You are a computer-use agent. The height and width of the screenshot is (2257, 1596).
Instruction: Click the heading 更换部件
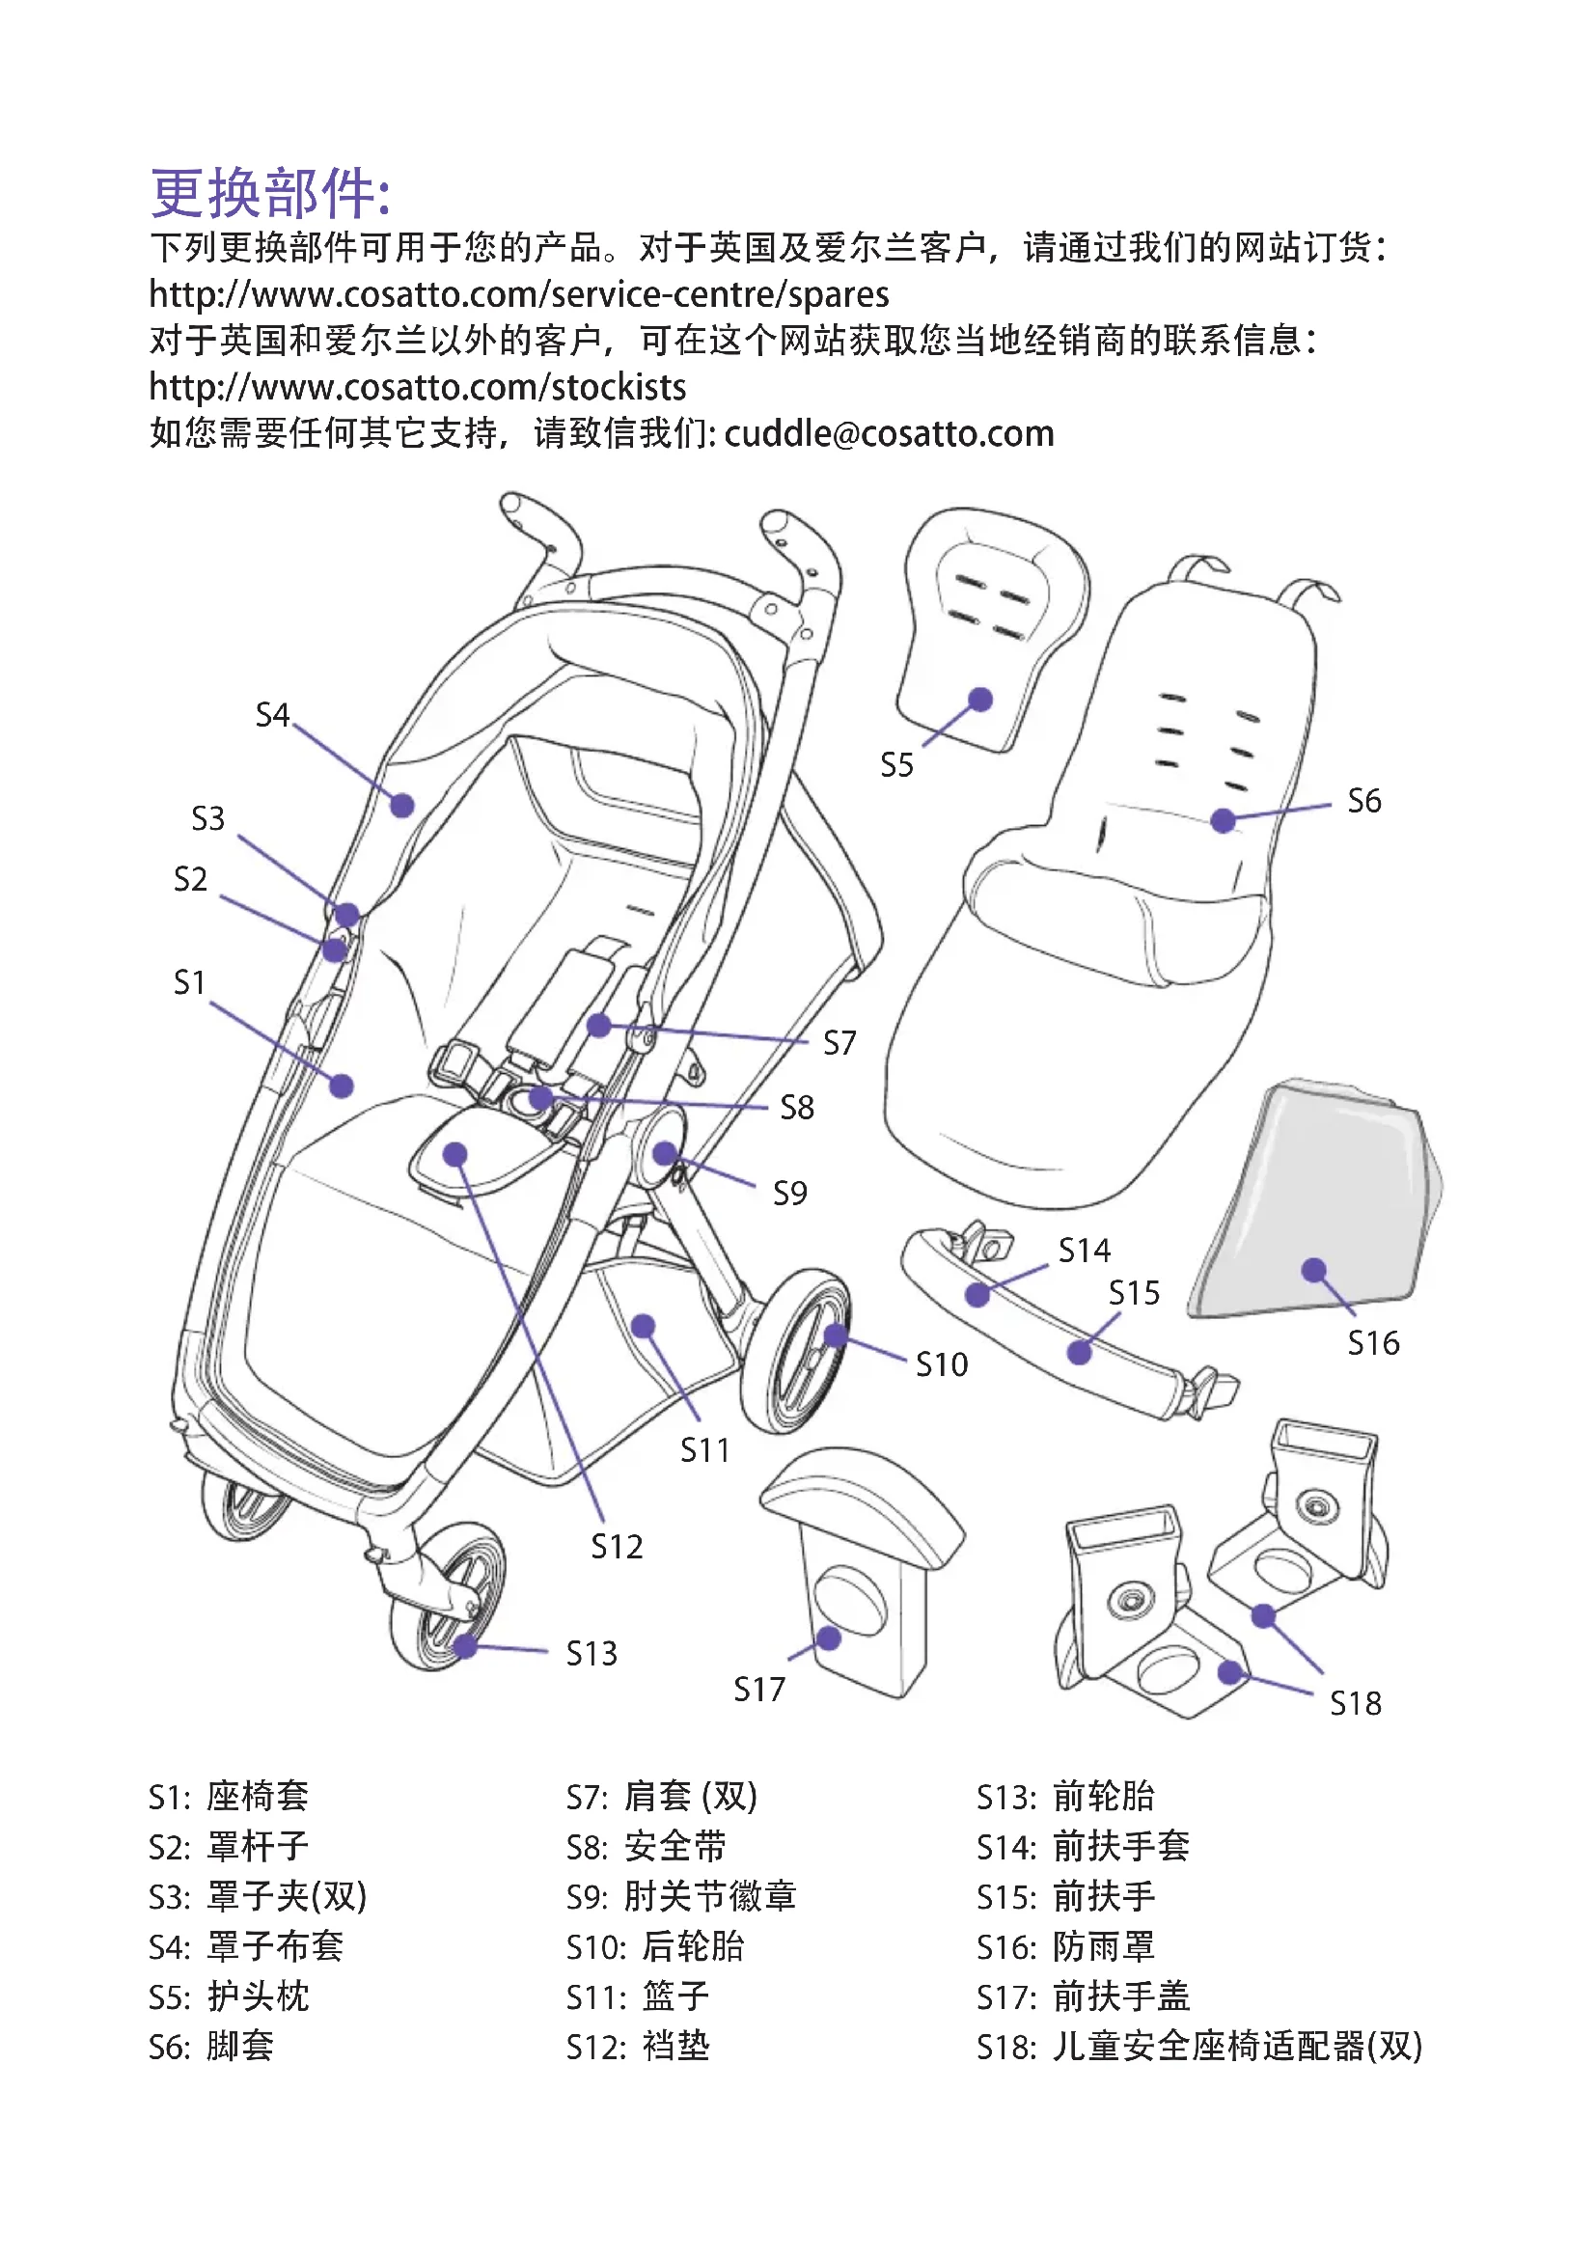click(x=270, y=193)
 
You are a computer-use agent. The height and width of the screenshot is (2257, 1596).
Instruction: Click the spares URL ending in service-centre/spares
click(x=518, y=295)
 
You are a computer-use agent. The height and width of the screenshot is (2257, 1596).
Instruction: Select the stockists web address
click(x=417, y=387)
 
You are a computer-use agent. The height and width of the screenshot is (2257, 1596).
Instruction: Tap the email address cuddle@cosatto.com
click(x=889, y=433)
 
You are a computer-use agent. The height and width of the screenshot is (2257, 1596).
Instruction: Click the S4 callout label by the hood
click(x=272, y=715)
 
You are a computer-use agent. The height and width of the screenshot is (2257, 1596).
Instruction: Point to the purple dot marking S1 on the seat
click(x=341, y=1086)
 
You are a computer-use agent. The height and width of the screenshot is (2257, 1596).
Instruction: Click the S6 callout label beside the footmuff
click(x=1363, y=801)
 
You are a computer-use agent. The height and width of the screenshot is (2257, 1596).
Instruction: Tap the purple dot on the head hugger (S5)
click(x=979, y=700)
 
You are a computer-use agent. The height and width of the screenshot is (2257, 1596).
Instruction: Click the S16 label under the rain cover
click(x=1373, y=1343)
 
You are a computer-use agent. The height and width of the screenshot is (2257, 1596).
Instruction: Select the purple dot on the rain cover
click(x=1313, y=1270)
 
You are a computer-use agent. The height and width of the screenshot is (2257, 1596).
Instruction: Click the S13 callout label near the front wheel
click(x=592, y=1654)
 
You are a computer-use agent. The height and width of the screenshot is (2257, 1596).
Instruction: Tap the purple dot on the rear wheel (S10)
click(x=836, y=1335)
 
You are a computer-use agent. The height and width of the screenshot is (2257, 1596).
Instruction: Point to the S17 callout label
click(x=758, y=1690)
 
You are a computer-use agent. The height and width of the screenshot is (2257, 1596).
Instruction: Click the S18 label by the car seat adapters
click(x=1355, y=1703)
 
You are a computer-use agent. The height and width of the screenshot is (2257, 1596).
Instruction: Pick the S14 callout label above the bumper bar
click(x=1084, y=1251)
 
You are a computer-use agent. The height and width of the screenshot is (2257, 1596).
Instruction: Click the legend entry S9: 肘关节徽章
click(x=680, y=1897)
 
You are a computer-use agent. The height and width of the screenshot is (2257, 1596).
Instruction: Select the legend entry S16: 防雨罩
click(x=1064, y=1947)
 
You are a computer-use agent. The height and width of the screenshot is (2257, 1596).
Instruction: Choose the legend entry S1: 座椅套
click(x=228, y=1797)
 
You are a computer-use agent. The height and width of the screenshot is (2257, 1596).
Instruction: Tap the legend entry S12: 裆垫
click(x=637, y=2048)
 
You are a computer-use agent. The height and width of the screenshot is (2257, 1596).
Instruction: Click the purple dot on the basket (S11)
click(x=643, y=1327)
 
